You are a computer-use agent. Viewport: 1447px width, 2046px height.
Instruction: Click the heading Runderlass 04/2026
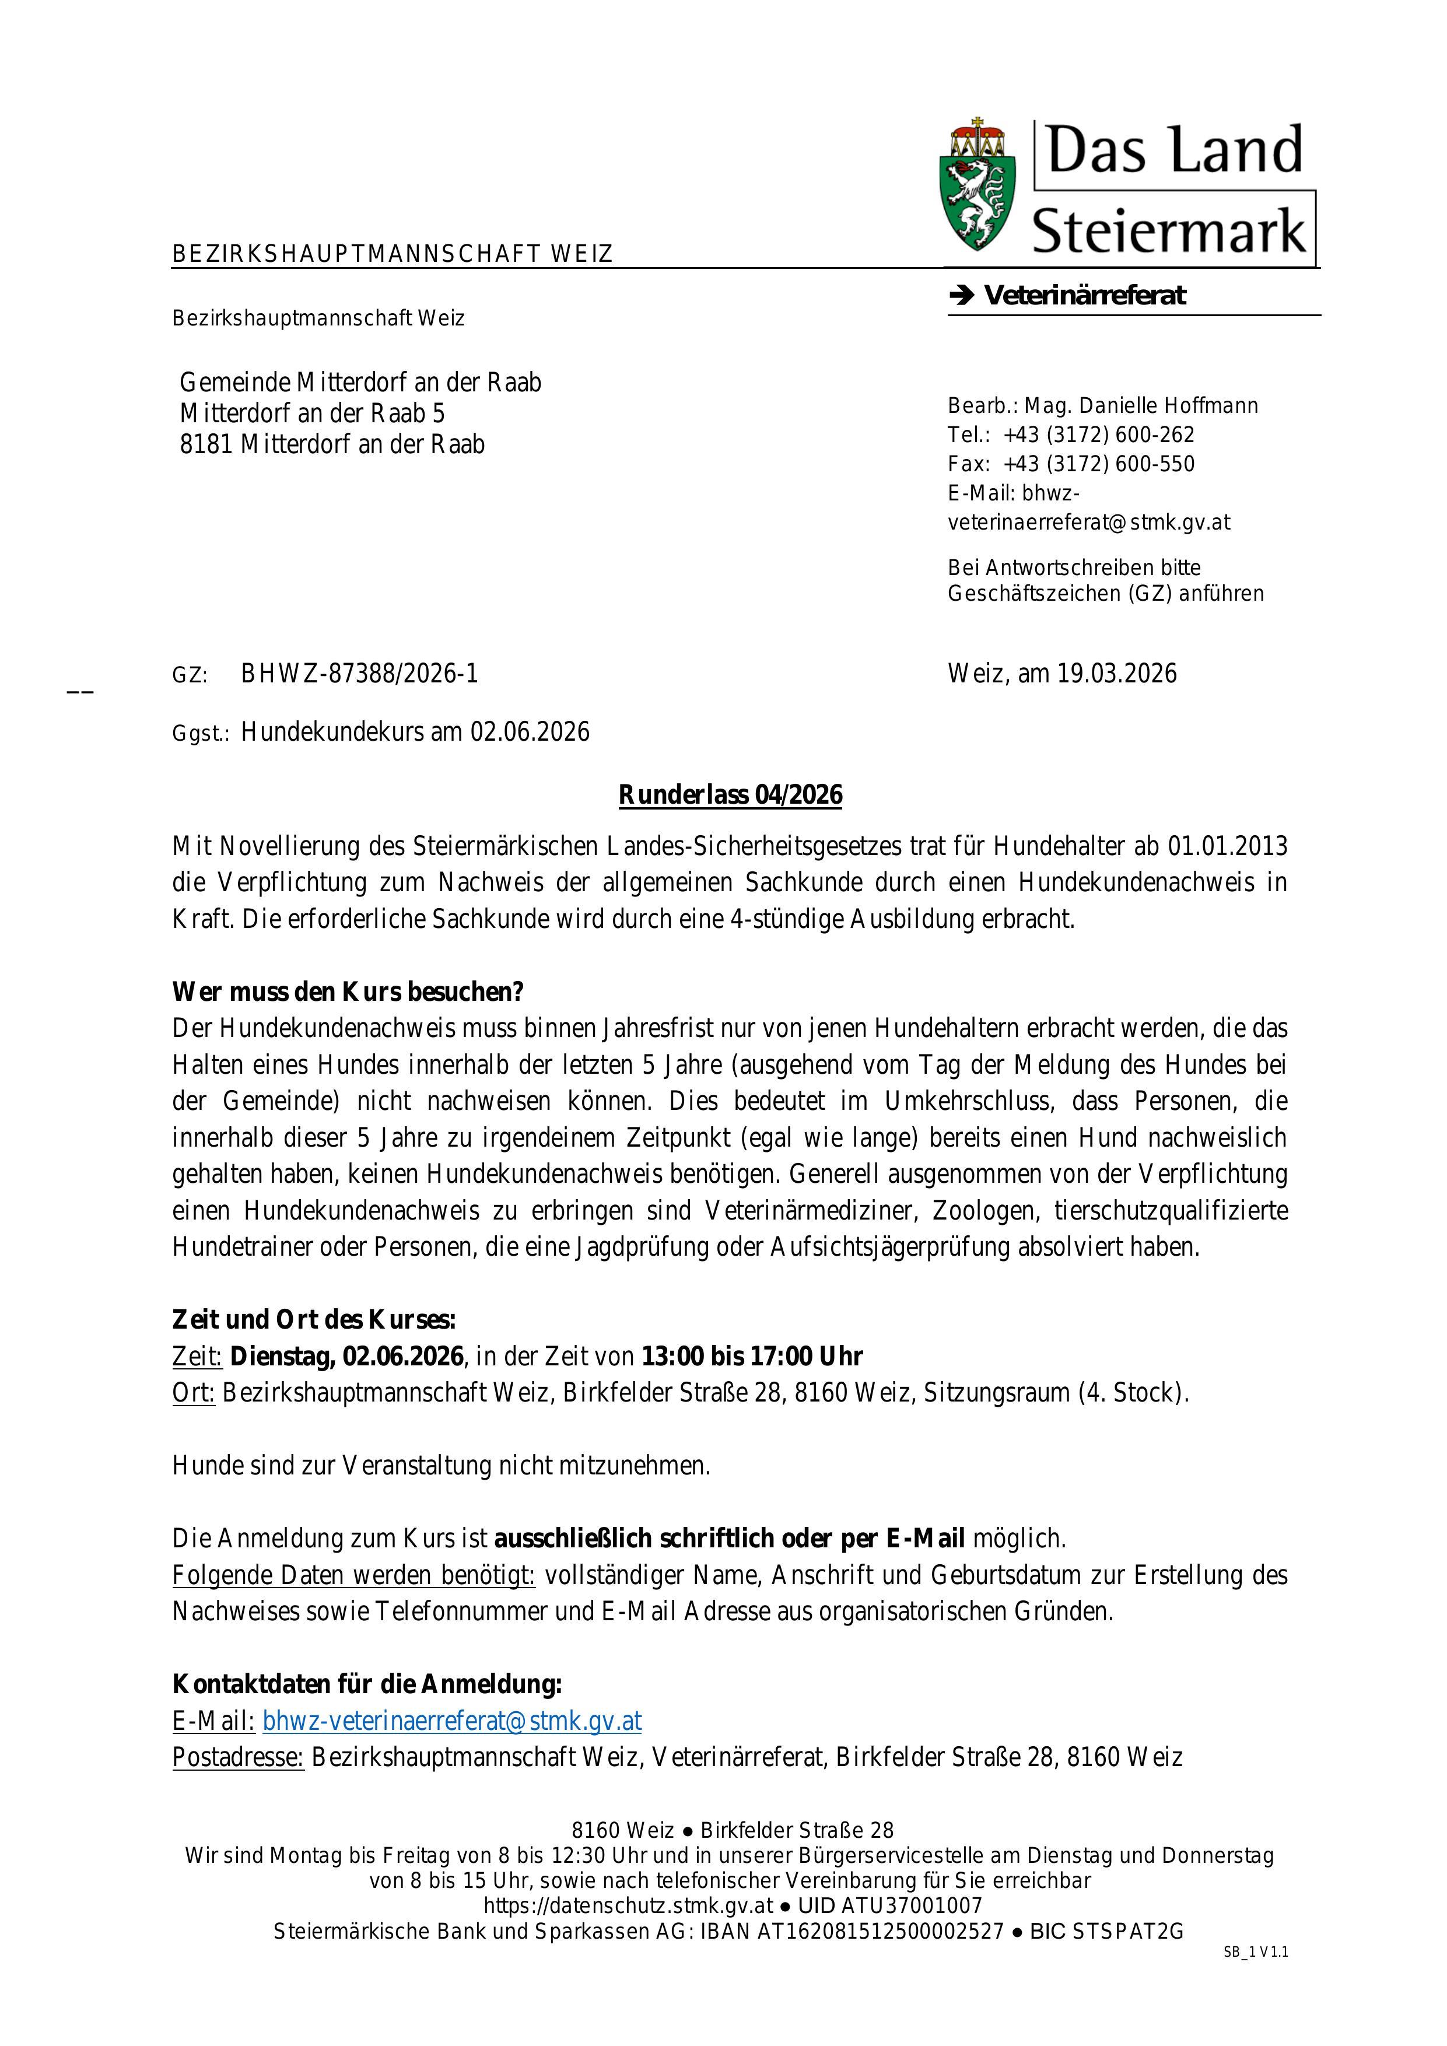click(730, 795)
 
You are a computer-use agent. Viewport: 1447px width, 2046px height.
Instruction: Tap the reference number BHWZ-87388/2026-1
click(359, 674)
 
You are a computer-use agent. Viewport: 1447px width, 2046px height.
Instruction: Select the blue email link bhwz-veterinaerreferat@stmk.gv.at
click(452, 1721)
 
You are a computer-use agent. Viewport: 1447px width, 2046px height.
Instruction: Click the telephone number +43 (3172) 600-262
click(1099, 435)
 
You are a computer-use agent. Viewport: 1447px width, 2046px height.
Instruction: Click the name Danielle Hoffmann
click(1168, 407)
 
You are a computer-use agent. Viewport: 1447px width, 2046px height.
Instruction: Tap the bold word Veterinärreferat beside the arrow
click(1084, 296)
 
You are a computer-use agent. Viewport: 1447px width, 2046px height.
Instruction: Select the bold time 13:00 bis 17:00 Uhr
click(752, 1356)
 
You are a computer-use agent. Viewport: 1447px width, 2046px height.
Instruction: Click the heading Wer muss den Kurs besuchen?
click(348, 992)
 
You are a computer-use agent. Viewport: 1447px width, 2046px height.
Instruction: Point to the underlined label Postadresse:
click(238, 1757)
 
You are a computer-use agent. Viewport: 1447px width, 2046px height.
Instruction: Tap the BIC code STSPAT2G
click(1129, 1932)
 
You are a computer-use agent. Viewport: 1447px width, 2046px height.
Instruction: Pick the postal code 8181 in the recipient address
click(206, 444)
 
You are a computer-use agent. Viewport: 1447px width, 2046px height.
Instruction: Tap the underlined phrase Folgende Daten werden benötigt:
click(354, 1575)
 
